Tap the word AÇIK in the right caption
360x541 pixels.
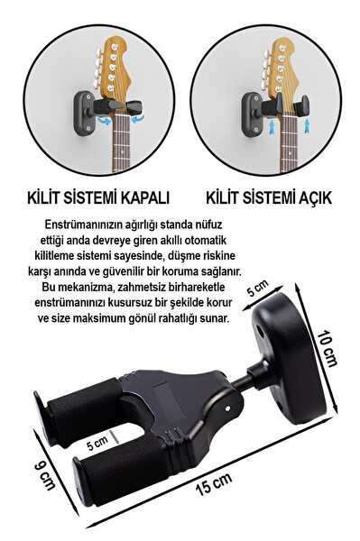(309, 197)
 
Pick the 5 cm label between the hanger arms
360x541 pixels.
(97, 445)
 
